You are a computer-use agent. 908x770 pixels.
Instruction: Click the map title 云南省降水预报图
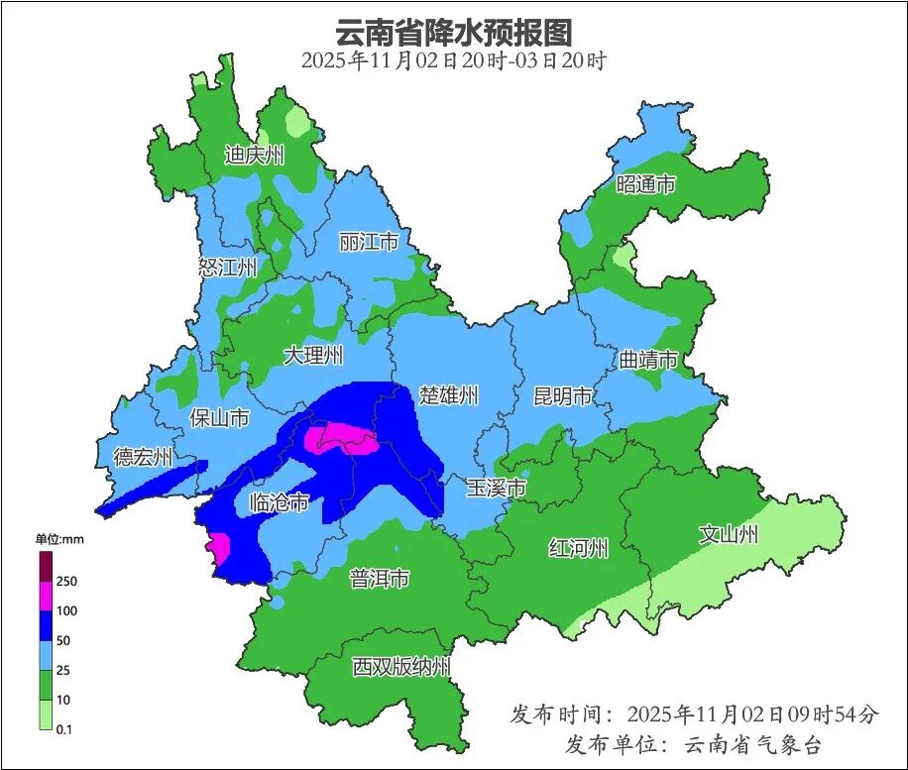point(454,32)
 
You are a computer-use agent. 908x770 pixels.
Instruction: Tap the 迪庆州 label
point(254,155)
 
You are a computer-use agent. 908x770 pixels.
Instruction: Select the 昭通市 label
point(645,184)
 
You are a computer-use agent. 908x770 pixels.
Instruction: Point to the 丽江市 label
point(368,242)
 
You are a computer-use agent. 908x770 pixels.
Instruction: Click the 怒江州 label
point(227,268)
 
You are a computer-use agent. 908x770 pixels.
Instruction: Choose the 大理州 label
point(313,355)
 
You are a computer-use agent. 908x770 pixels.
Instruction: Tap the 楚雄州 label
point(448,396)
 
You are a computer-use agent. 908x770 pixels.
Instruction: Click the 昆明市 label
point(562,396)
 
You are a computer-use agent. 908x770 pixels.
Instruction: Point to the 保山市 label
point(219,418)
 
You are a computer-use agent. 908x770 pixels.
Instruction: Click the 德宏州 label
point(143,457)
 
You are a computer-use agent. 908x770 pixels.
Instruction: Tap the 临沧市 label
point(279,502)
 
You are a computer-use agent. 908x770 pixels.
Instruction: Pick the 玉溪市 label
point(496,489)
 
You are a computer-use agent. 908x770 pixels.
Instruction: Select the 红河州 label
point(579,548)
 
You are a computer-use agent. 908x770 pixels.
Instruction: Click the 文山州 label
point(729,535)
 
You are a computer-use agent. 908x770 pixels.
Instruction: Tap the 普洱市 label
point(379,579)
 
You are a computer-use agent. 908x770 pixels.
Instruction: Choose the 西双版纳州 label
point(401,667)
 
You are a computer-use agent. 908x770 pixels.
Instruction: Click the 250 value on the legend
point(67,581)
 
